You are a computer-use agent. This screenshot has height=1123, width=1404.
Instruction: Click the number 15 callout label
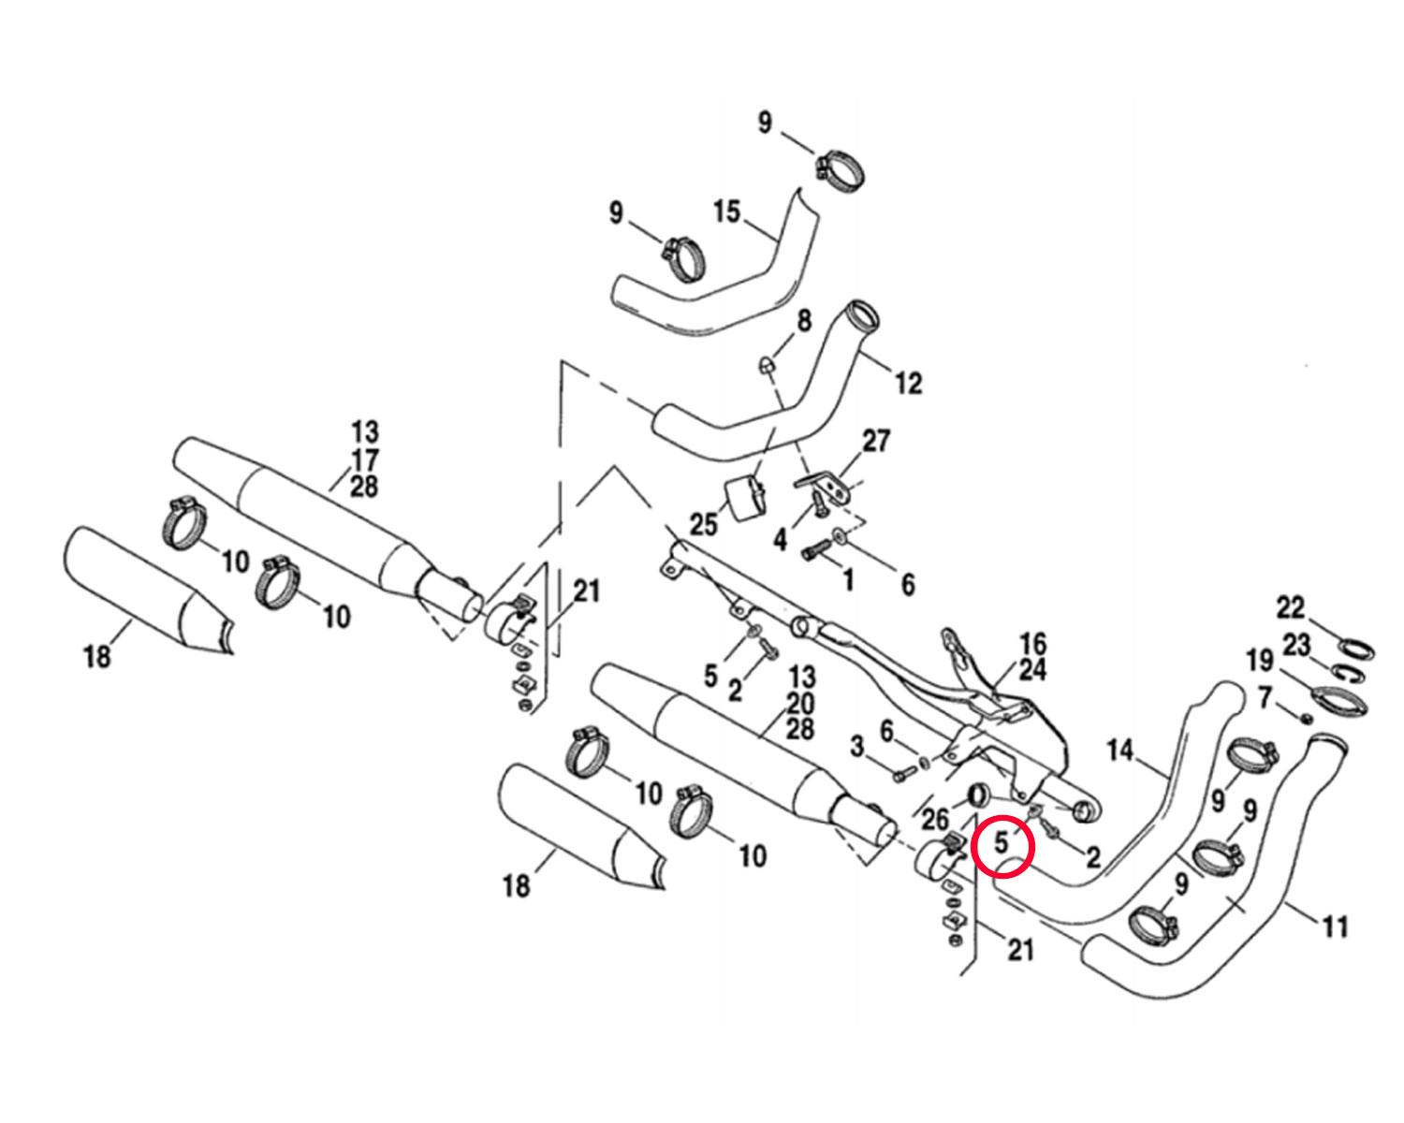(x=726, y=211)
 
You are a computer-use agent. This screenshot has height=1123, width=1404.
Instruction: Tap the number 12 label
(x=909, y=383)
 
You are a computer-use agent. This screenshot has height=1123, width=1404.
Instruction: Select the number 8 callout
(x=804, y=320)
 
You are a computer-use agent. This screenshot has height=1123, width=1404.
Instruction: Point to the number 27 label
(x=876, y=441)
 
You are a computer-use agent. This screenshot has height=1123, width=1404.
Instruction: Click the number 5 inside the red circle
(x=1001, y=843)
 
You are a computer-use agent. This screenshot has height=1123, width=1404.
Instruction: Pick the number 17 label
(x=365, y=459)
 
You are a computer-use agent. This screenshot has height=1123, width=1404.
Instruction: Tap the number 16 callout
(x=1032, y=644)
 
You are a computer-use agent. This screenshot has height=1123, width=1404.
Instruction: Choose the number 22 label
(x=1291, y=608)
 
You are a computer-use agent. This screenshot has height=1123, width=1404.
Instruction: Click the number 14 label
(x=1120, y=751)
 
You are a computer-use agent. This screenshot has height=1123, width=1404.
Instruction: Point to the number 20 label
(x=800, y=704)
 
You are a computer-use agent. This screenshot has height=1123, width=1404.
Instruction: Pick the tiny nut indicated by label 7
(x=1306, y=718)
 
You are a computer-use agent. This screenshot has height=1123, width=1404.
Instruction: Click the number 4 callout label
(x=781, y=540)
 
